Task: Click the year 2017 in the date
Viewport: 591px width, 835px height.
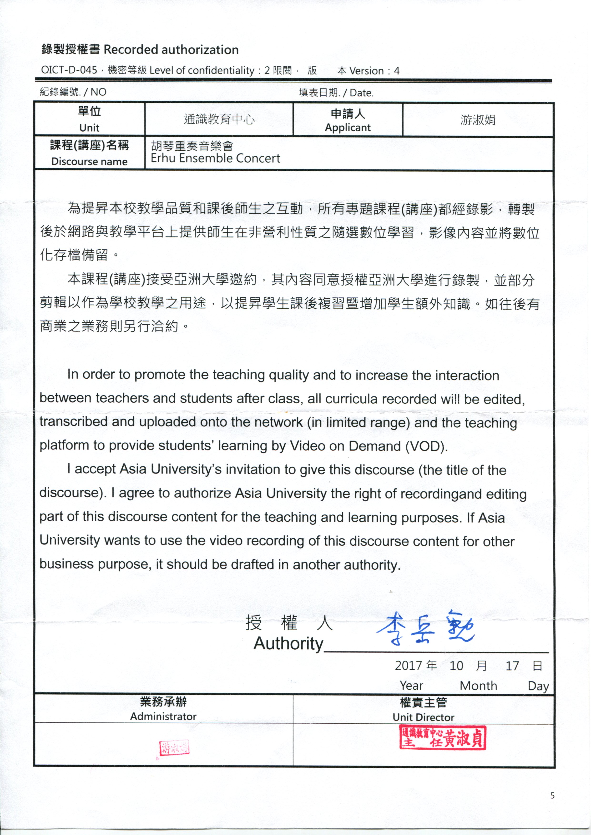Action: tap(408, 666)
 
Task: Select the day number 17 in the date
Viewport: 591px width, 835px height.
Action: tap(512, 666)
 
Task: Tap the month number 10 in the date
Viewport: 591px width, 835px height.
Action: tap(456, 666)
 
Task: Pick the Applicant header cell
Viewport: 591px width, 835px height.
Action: tap(348, 120)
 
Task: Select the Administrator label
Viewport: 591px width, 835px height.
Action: tap(163, 716)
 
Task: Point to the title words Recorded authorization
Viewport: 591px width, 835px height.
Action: tap(171, 49)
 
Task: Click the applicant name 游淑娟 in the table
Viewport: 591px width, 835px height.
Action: tap(478, 120)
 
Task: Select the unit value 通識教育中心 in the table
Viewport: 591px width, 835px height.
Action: tap(219, 119)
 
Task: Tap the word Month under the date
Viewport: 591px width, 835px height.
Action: tap(478, 686)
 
